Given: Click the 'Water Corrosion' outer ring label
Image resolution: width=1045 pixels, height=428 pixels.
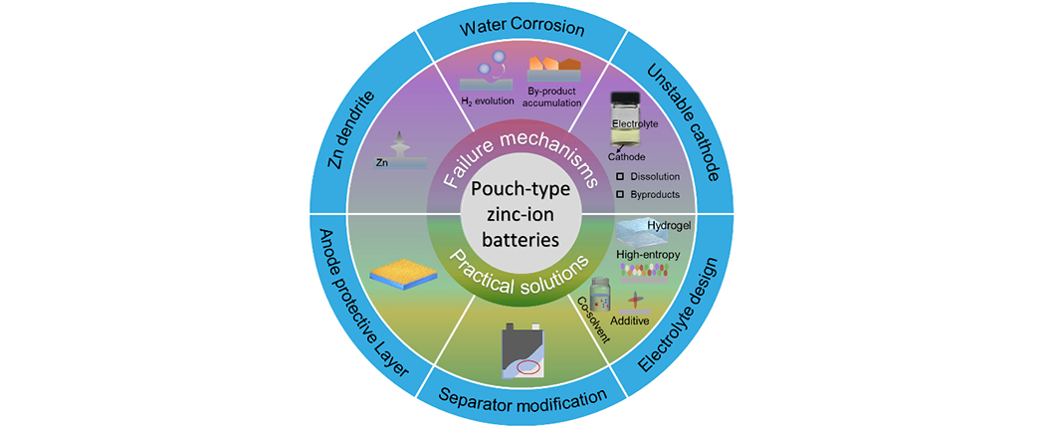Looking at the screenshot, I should [522, 28].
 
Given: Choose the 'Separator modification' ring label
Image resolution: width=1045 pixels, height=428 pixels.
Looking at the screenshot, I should [522, 400].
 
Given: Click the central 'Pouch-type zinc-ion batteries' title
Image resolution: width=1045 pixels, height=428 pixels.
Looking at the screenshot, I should [522, 213].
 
